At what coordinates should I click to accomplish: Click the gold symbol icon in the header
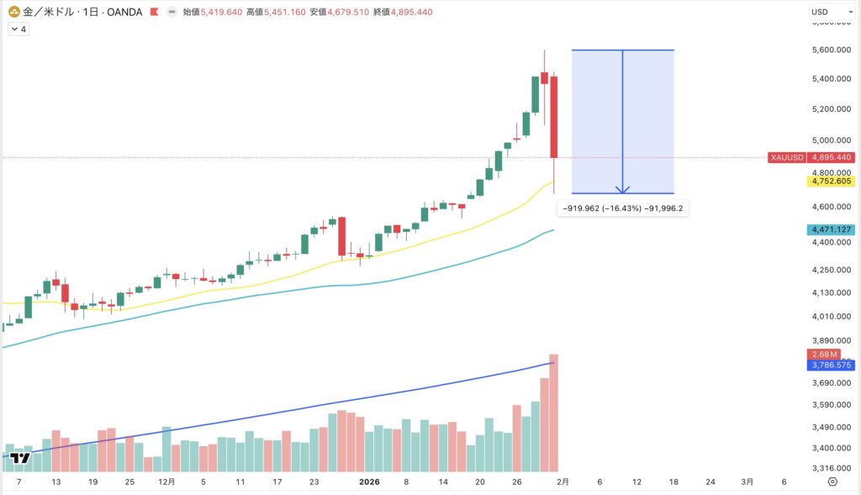tap(14, 12)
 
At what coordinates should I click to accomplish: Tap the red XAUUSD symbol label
tap(786, 157)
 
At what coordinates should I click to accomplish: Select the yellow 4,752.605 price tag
tap(830, 181)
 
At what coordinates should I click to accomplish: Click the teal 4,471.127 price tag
tap(830, 229)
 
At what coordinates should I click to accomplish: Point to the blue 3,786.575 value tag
tap(830, 366)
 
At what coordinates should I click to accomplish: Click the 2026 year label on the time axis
tap(370, 482)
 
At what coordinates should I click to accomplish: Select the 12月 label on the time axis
tap(166, 482)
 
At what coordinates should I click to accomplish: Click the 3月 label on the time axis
tap(747, 482)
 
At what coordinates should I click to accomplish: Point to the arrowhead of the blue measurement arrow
tap(622, 190)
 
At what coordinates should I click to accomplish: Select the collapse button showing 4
tap(18, 29)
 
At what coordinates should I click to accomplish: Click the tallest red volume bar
tap(554, 412)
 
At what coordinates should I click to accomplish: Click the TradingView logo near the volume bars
tap(21, 458)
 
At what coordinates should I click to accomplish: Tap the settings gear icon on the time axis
tap(832, 482)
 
